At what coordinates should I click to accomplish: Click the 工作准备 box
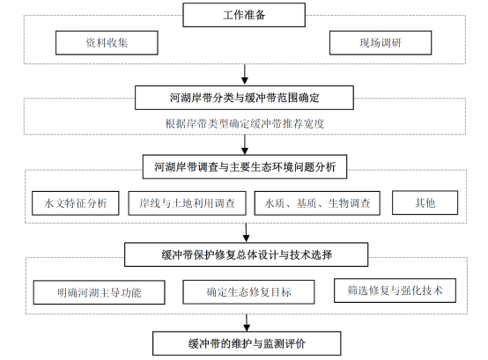click(244, 15)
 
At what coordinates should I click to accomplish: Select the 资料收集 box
click(107, 42)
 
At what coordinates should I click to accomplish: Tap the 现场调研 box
click(381, 42)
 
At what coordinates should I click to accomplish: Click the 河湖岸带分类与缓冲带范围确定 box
click(244, 98)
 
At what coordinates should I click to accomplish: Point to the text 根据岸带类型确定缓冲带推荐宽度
click(245, 124)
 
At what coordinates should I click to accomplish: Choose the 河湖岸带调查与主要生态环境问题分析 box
click(245, 167)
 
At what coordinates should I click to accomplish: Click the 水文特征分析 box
click(76, 203)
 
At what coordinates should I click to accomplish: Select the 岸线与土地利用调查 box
click(187, 203)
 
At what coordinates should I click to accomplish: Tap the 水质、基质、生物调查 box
click(317, 203)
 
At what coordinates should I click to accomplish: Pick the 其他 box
click(425, 202)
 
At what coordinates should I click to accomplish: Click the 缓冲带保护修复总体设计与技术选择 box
click(246, 254)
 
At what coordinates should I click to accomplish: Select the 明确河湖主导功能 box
click(99, 292)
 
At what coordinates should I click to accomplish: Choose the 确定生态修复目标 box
click(248, 292)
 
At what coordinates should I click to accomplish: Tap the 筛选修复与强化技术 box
click(395, 290)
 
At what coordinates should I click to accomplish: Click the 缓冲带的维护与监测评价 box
click(247, 343)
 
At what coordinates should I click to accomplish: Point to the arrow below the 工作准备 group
click(245, 74)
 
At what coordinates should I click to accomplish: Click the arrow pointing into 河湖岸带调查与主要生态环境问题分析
click(245, 144)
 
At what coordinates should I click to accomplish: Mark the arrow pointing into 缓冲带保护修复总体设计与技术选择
click(246, 232)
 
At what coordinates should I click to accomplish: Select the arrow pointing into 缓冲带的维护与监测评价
click(247, 323)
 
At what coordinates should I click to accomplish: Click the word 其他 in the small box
click(425, 202)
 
